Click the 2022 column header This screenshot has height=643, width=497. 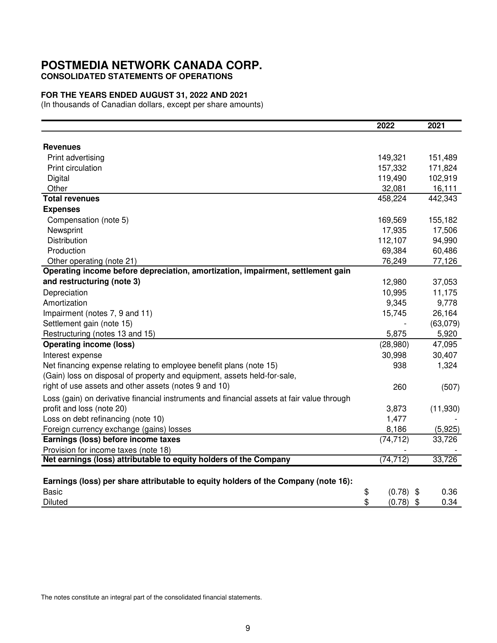(385, 126)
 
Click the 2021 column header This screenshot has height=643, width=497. (436, 126)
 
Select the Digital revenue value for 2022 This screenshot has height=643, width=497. (392, 178)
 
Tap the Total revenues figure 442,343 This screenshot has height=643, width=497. (443, 198)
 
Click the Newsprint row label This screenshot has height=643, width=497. (65, 230)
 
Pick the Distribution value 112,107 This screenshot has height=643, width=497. (392, 241)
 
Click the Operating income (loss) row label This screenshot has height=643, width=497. (89, 344)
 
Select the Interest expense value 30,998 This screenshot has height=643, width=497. (394, 355)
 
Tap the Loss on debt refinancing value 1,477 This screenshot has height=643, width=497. (396, 419)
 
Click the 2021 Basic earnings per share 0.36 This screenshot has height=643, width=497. (449, 492)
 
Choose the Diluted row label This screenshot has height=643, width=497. (55, 502)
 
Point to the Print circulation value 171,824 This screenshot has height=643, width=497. (443, 168)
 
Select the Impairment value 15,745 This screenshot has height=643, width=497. (394, 313)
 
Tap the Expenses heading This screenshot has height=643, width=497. (61, 209)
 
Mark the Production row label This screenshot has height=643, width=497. (66, 251)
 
